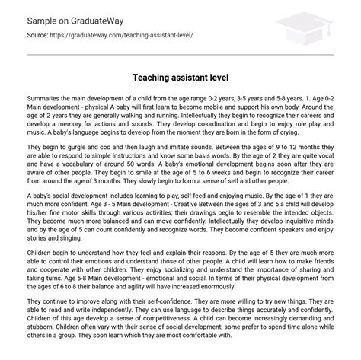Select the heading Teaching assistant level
click(x=180, y=78)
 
